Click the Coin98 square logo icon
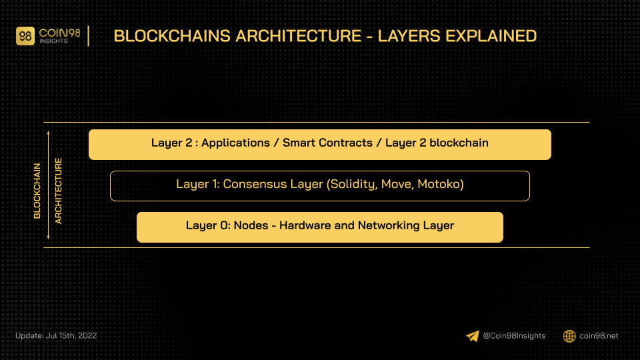click(25, 36)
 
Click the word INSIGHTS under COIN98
click(53, 41)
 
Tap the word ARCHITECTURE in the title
click(299, 36)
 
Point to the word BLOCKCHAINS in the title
click(172, 36)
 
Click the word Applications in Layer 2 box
click(235, 143)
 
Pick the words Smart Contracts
click(327, 143)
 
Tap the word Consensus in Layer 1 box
click(255, 184)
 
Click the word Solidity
click(352, 184)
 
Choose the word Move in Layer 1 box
click(396, 185)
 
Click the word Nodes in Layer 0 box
click(251, 225)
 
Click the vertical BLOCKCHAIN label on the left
click(37, 191)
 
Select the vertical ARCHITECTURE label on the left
click(59, 191)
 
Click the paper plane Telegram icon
click(473, 336)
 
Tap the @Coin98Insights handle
click(514, 336)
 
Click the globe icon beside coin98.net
click(569, 336)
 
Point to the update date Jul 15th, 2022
click(71, 335)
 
